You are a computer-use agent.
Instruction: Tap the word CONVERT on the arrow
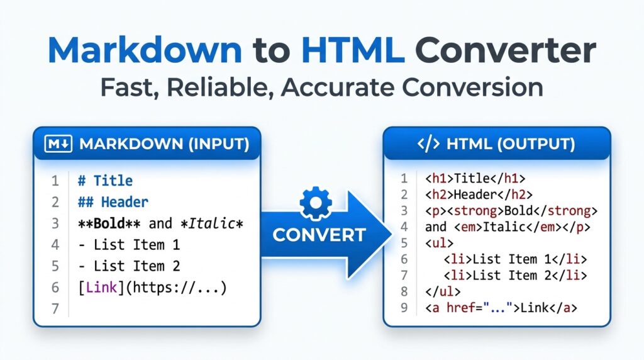pos(319,235)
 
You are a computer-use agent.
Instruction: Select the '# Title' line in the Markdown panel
pos(105,181)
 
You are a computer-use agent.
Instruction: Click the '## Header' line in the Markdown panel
pos(113,203)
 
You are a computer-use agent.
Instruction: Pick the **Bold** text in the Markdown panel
pos(111,223)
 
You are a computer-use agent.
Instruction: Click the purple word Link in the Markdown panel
pos(101,288)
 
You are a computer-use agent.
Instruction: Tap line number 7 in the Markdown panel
pos(55,309)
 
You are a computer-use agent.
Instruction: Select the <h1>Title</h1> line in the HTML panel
pos(475,178)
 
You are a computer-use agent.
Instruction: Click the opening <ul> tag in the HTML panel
pos(438,243)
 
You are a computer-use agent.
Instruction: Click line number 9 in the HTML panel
pos(404,308)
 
